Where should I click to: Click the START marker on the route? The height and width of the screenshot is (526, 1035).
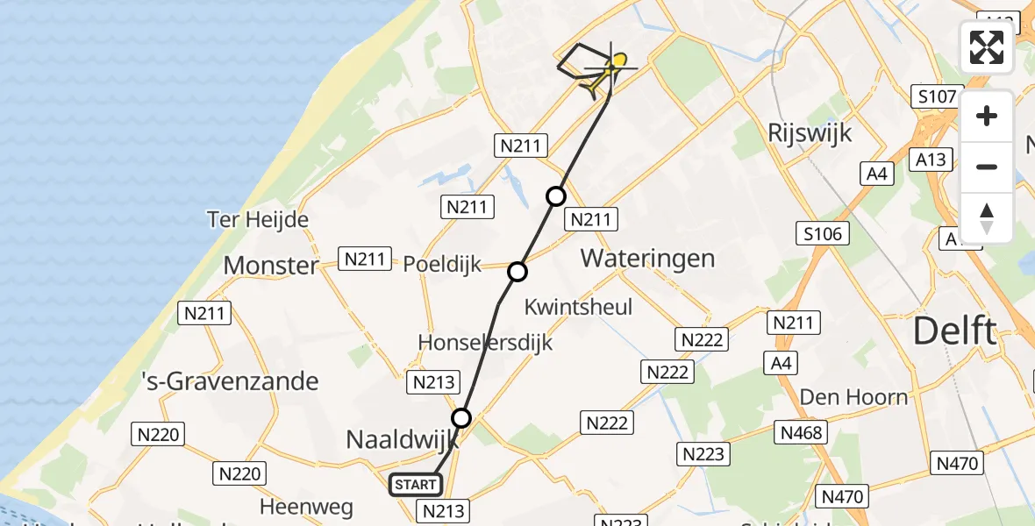tap(416, 484)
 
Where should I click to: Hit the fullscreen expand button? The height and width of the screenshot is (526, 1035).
tap(987, 47)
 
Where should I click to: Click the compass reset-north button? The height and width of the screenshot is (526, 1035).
tap(987, 217)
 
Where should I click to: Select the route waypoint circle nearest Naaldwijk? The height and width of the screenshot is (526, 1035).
tap(461, 417)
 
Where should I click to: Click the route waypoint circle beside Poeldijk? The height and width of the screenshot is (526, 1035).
tap(517, 272)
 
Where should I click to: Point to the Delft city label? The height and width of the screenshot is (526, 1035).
tap(955, 332)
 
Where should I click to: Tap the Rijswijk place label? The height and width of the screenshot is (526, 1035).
tap(810, 133)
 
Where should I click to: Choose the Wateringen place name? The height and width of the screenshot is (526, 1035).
tap(647, 259)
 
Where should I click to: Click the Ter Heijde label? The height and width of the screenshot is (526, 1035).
tap(258, 219)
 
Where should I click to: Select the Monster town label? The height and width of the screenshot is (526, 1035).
tap(271, 265)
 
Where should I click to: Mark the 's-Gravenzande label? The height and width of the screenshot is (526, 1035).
tap(231, 381)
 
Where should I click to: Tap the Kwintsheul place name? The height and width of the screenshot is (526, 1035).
tap(578, 307)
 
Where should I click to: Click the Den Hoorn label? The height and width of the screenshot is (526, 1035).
tap(853, 397)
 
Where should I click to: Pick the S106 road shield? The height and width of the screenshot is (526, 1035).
tap(821, 233)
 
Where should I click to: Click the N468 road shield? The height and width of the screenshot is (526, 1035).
tap(801, 432)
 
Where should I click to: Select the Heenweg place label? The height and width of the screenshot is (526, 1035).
tap(306, 507)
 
